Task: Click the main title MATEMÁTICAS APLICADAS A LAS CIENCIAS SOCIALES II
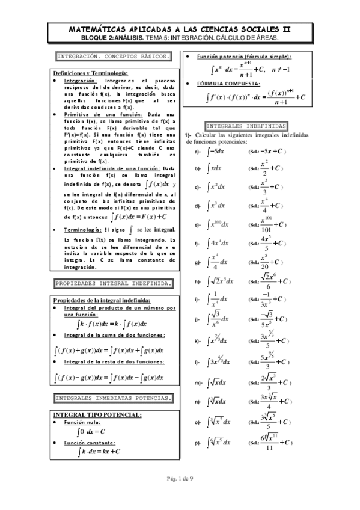pos(180,28)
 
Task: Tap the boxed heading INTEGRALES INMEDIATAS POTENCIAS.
pos(114,398)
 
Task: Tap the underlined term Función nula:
pos(82,423)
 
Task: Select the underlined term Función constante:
pos(89,443)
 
